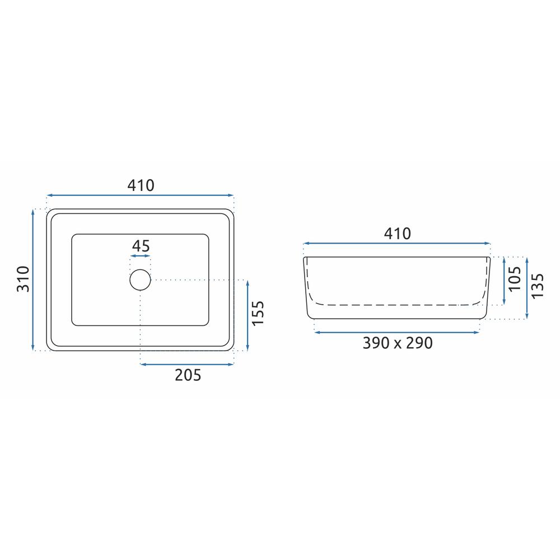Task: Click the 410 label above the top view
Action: point(141,185)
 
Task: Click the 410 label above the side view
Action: point(397,234)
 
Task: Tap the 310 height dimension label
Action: point(23,279)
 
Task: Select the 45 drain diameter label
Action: point(141,246)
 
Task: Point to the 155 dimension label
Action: point(258,313)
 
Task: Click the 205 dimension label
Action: point(188,375)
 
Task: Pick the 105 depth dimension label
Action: point(515,278)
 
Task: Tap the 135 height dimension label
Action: point(537,286)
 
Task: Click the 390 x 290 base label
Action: point(398,343)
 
